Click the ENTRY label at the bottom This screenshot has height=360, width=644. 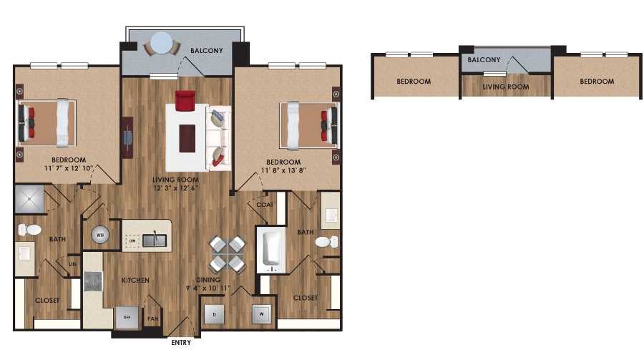(181, 343)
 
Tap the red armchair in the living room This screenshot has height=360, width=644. (185, 101)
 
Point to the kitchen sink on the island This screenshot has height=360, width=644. (154, 240)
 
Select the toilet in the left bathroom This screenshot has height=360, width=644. (29, 230)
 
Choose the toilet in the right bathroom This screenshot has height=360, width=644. (326, 241)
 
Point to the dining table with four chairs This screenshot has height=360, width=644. (227, 254)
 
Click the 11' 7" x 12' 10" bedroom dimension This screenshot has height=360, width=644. (69, 170)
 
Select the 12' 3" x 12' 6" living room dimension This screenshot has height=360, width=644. (175, 188)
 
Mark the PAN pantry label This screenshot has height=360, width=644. (152, 318)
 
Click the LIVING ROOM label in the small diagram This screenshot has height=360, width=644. (505, 87)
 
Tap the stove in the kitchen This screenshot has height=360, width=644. (93, 281)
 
